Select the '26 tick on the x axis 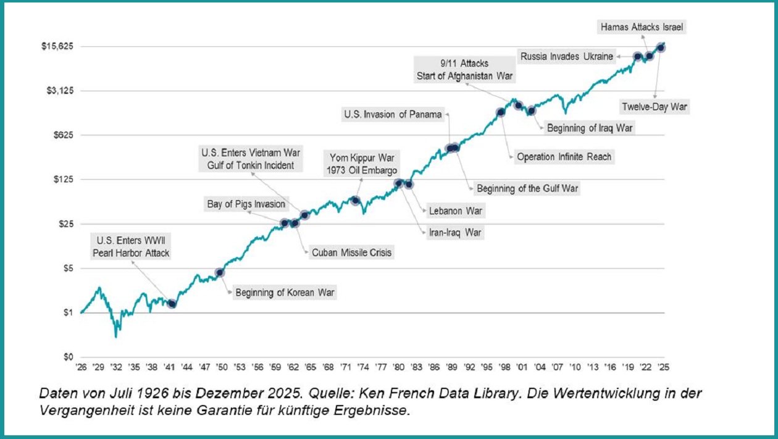coord(81,366)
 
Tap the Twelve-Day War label coord(655,107)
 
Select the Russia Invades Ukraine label coord(567,56)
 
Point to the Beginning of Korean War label coord(285,293)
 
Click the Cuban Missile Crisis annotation coord(351,253)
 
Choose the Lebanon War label coord(455,211)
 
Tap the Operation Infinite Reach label coord(564,157)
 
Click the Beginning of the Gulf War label coord(527,188)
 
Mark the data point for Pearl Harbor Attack coord(172,304)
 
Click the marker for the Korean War coord(220,272)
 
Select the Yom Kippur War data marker coord(355,200)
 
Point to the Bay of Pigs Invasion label coord(246,204)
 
